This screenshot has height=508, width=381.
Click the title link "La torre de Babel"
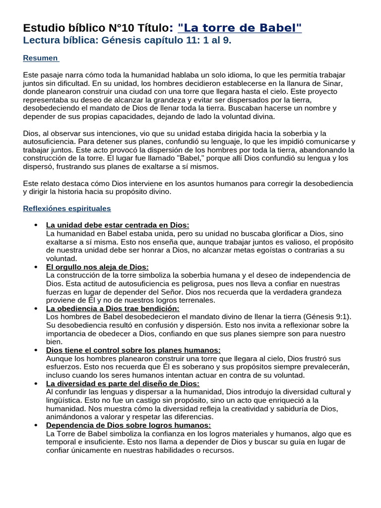[x=239, y=28]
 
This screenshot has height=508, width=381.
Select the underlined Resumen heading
[x=40, y=58]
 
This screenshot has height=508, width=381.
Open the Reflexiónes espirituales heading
[x=67, y=208]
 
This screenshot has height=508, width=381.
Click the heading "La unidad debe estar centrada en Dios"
[x=118, y=225]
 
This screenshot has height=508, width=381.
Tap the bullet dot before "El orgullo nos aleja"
[x=35, y=266]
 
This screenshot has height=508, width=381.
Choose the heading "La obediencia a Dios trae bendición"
[x=113, y=308]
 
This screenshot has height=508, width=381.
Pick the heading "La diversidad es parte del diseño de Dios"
[x=123, y=383]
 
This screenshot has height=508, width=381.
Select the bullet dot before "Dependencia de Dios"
[x=35, y=425]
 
